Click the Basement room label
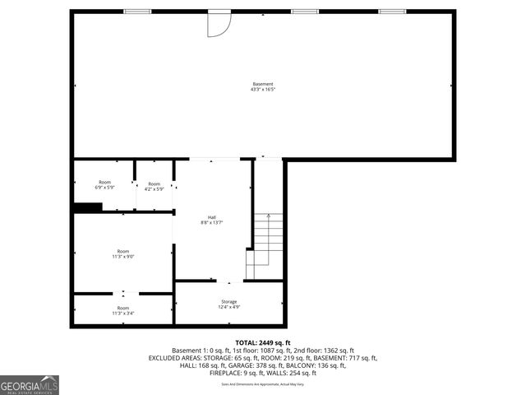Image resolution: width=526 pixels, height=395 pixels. pos(262,84)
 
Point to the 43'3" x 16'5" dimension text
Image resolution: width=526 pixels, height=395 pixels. pos(262,90)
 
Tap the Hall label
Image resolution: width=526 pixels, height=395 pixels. pos(212,217)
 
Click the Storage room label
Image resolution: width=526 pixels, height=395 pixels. pos(228,301)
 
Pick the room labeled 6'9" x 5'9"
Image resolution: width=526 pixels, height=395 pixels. pos(104,185)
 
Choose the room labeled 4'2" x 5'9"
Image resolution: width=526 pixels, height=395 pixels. pos(154,185)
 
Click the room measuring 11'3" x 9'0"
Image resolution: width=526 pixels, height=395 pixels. pos(123,253)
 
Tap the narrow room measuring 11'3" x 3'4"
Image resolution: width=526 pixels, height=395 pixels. pos(123,310)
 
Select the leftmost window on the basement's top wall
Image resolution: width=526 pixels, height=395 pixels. pos(137,12)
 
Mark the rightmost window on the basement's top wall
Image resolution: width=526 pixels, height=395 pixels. pos(392,12)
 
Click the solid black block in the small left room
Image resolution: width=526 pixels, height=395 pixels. pos(87,207)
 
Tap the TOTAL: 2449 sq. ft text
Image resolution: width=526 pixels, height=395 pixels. pos(263,342)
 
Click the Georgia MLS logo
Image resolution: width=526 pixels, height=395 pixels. pos(30,384)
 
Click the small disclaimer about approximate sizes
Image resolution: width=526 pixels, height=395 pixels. pos(263,384)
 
